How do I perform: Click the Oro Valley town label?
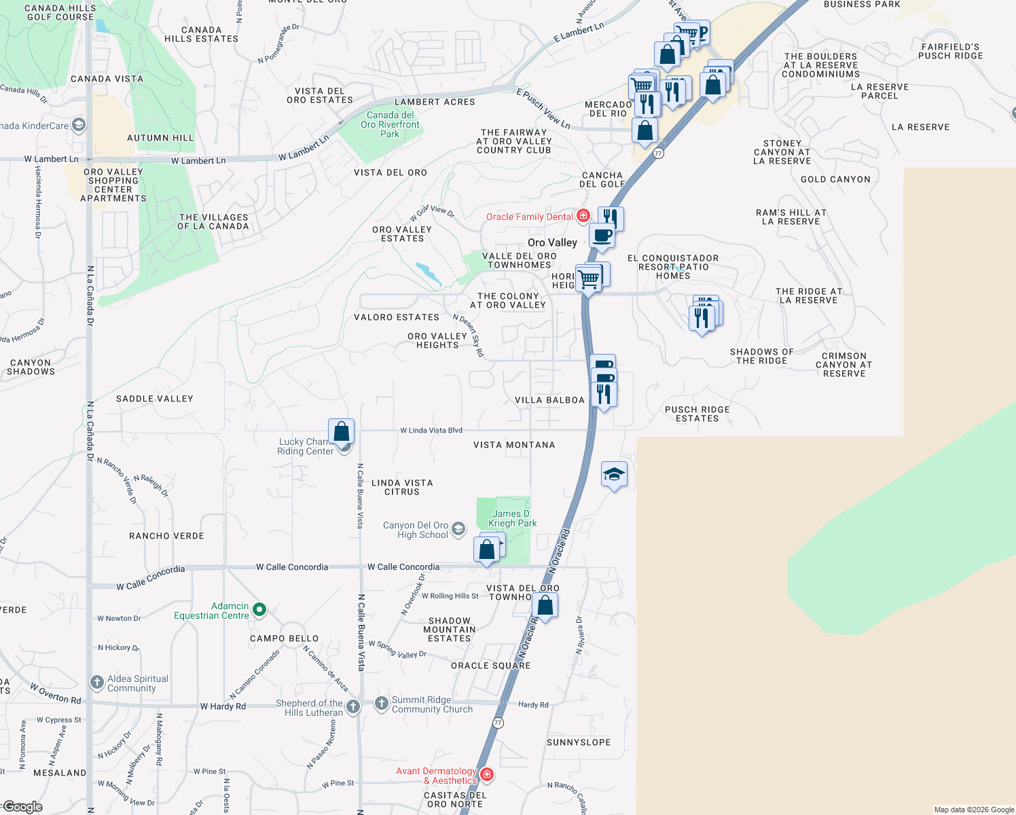pyautogui.click(x=552, y=242)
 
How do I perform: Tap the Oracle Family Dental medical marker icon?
pyautogui.click(x=583, y=216)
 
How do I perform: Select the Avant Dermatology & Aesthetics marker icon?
pyautogui.click(x=486, y=774)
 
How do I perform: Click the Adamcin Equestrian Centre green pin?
pyautogui.click(x=259, y=609)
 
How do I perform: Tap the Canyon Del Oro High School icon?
pyautogui.click(x=458, y=529)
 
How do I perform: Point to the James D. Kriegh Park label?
pyautogui.click(x=513, y=518)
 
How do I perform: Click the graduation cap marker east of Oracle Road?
pyautogui.click(x=613, y=475)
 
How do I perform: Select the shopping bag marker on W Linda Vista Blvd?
pyautogui.click(x=341, y=431)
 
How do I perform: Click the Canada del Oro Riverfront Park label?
pyautogui.click(x=390, y=124)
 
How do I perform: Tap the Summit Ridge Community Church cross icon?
pyautogui.click(x=382, y=703)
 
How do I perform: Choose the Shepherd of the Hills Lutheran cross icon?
pyautogui.click(x=353, y=707)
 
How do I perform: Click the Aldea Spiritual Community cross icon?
pyautogui.click(x=97, y=682)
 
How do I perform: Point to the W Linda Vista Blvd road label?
pyautogui.click(x=431, y=430)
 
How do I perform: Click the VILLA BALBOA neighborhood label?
pyautogui.click(x=549, y=400)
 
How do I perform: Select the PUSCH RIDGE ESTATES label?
pyautogui.click(x=697, y=414)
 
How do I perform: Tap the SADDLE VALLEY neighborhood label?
pyautogui.click(x=155, y=399)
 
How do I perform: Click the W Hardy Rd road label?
pyautogui.click(x=223, y=706)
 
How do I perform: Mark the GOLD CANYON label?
pyautogui.click(x=835, y=179)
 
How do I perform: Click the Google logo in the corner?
pyautogui.click(x=22, y=807)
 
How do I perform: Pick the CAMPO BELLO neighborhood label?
pyautogui.click(x=284, y=638)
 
